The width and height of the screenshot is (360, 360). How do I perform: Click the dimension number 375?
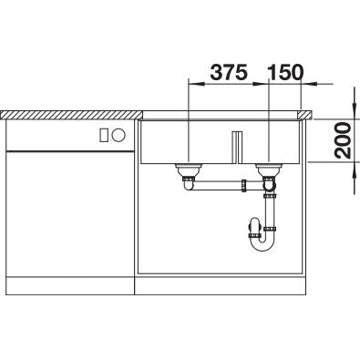pyautogui.click(x=229, y=73)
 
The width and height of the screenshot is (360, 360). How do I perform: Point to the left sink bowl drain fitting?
pyautogui.click(x=189, y=170)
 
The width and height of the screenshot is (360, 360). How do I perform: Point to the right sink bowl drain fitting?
pyautogui.click(x=269, y=170)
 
